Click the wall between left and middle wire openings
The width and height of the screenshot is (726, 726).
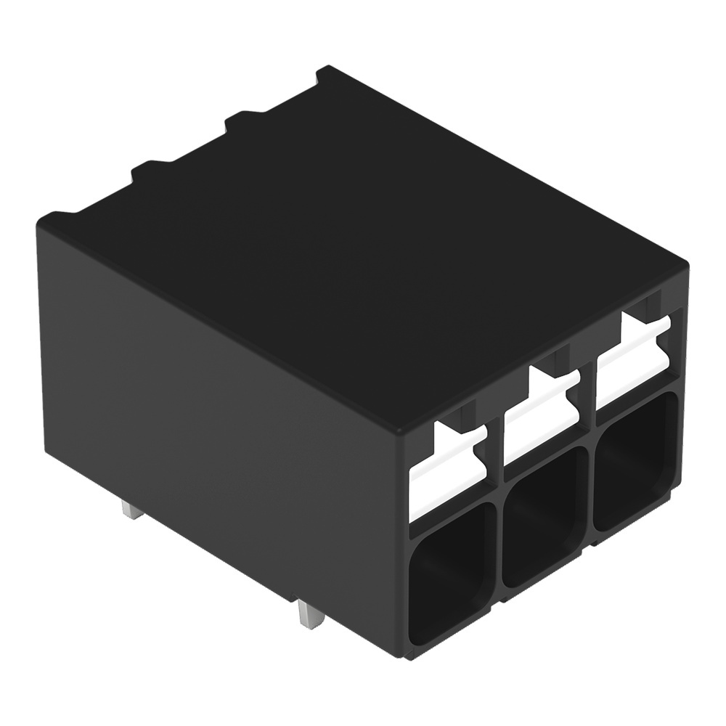click(498, 552)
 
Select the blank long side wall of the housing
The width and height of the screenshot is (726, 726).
click(218, 399)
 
